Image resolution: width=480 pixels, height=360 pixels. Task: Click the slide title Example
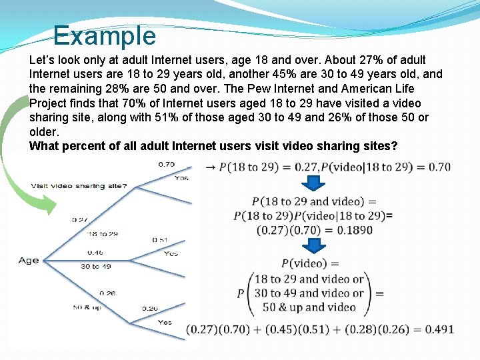[104, 35]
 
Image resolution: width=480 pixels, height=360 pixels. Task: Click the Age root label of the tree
[29, 260]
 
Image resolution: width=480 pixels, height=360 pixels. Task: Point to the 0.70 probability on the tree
[167, 165]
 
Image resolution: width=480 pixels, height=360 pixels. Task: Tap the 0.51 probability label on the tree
[160, 240]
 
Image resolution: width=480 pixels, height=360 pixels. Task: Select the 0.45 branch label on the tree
[95, 253]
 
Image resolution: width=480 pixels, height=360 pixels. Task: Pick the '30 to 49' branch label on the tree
[96, 266]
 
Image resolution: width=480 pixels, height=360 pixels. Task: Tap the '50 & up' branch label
[88, 307]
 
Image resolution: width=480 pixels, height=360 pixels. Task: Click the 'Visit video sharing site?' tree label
[79, 186]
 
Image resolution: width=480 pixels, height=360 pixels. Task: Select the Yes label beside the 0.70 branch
[181, 178]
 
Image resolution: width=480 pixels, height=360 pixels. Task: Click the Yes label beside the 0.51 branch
[171, 253]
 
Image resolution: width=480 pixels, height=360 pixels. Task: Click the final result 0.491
[440, 329]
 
